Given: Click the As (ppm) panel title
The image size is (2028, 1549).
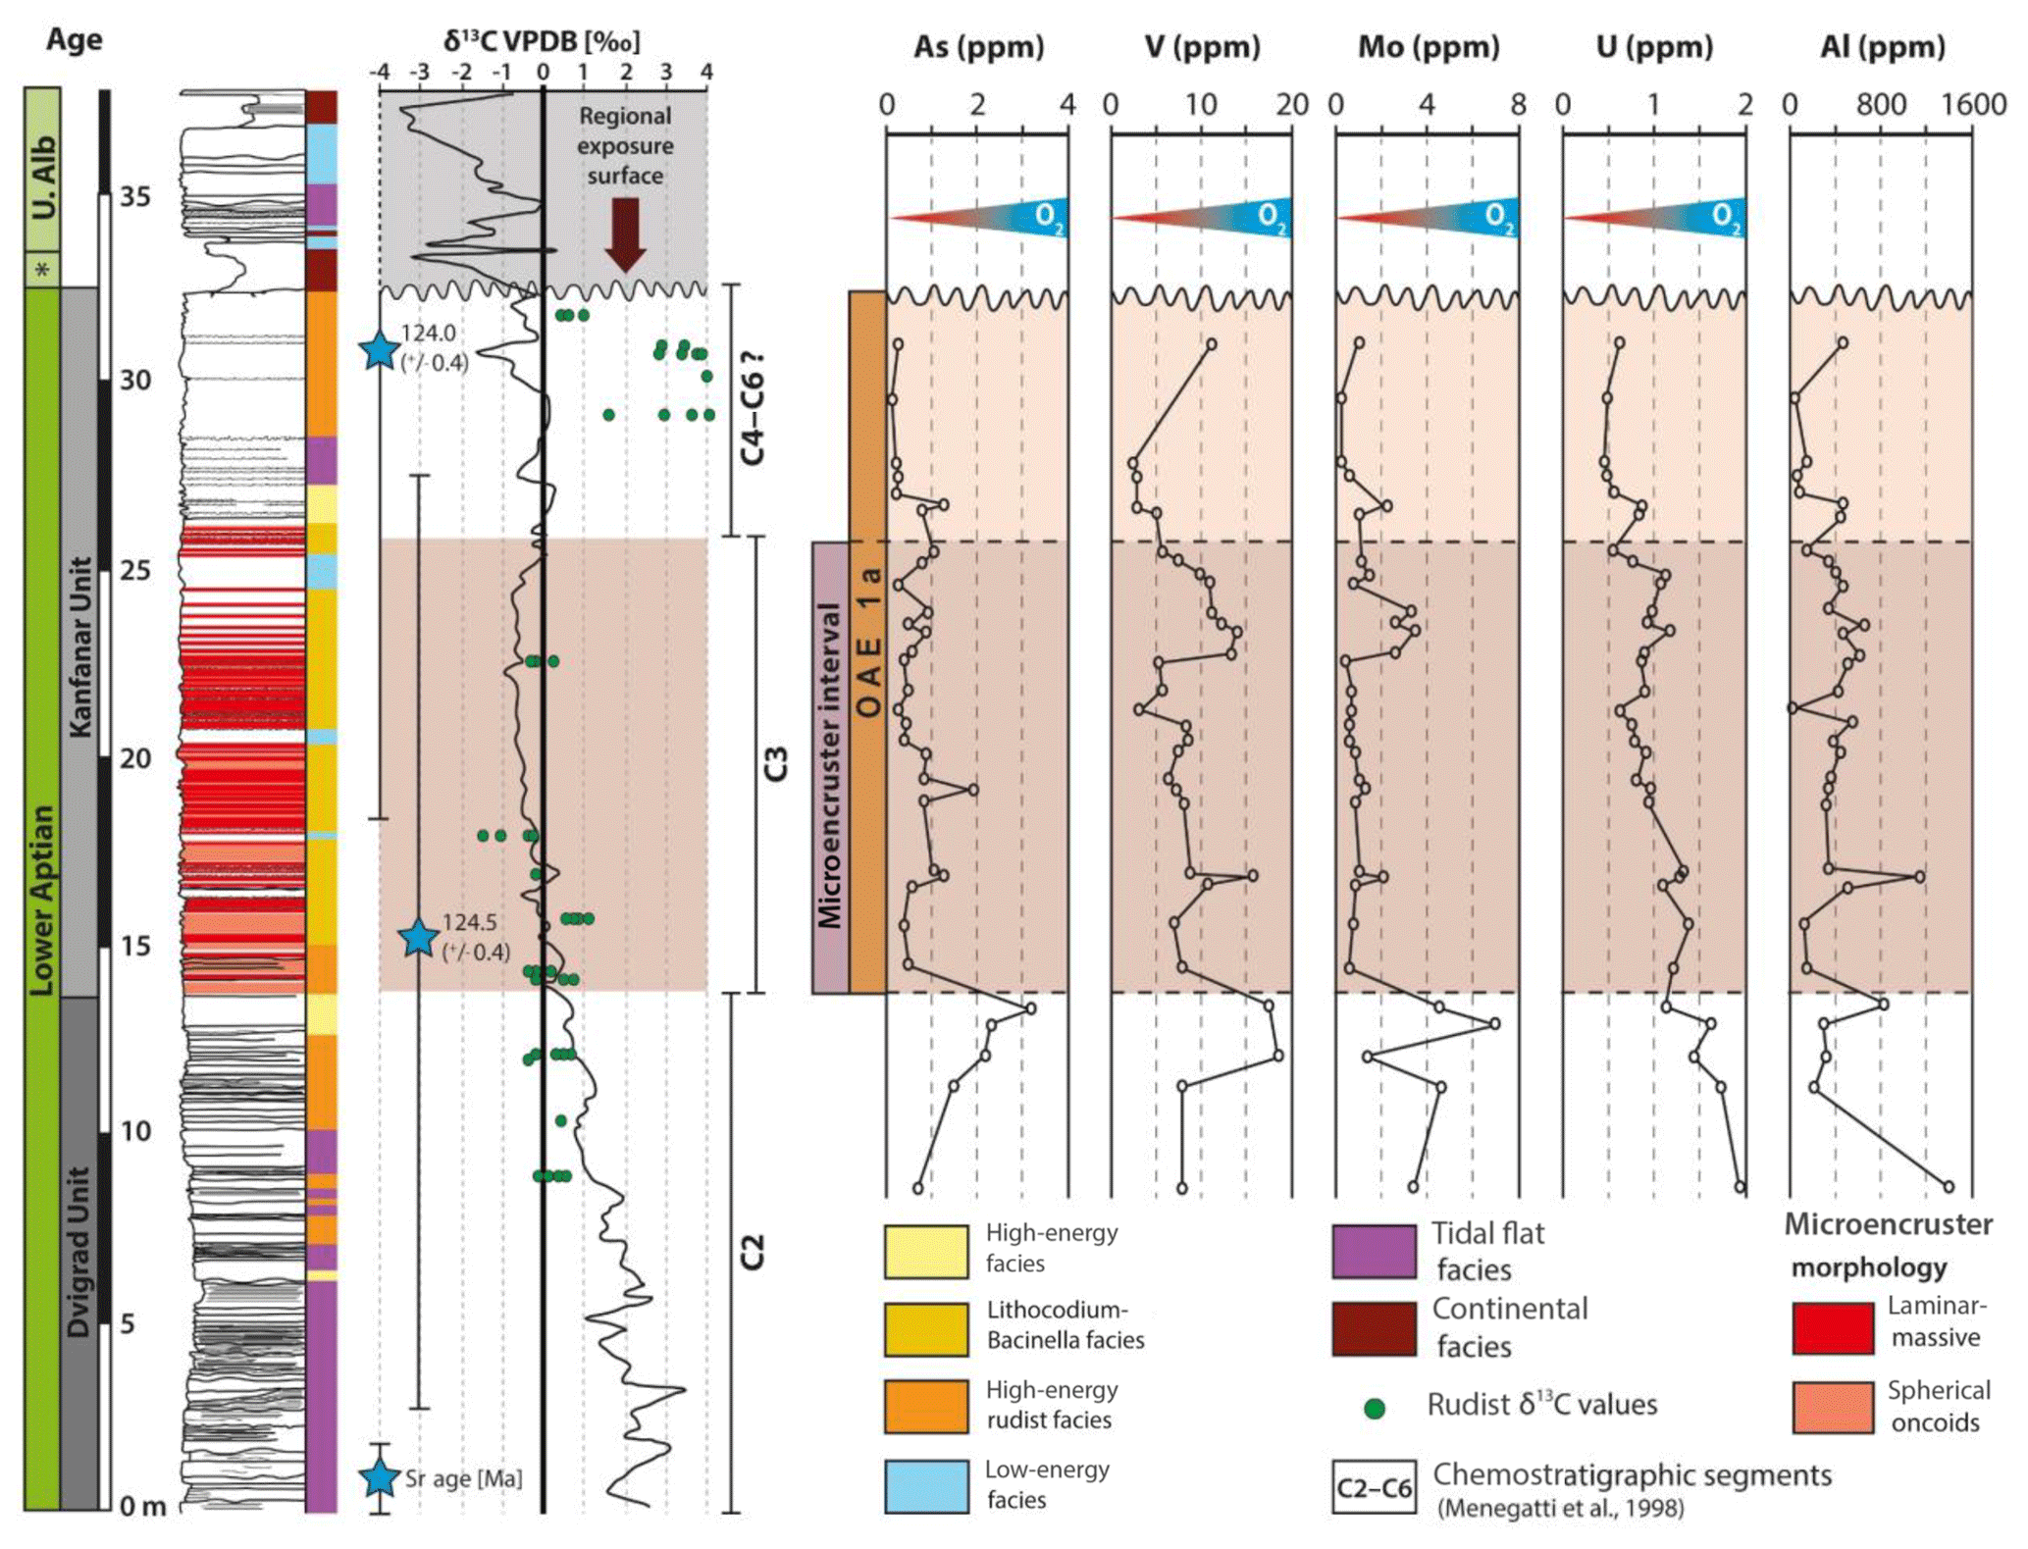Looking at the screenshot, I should click(x=978, y=47).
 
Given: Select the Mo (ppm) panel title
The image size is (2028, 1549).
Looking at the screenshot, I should click(x=1428, y=47).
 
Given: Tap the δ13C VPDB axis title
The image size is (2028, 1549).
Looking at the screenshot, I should click(x=542, y=41).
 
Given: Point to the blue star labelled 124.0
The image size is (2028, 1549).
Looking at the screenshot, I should click(x=379, y=349).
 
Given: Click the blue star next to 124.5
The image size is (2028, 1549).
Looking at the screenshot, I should click(x=419, y=938).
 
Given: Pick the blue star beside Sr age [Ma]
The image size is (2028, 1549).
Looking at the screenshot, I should click(x=379, y=1477).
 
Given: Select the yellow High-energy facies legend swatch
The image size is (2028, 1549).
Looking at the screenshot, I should click(x=925, y=1251).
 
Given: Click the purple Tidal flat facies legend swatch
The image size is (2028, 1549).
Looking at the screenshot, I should click(x=1374, y=1251).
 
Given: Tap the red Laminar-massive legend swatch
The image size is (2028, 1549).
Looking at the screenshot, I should click(x=1833, y=1327).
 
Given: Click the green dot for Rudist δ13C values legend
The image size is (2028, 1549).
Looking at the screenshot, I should click(x=1375, y=1409).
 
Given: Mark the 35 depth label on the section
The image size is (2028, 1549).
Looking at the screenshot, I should click(x=135, y=197).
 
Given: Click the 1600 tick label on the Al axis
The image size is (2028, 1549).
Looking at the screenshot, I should click(x=1973, y=104).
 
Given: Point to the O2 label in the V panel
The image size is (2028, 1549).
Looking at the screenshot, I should click(x=1271, y=217).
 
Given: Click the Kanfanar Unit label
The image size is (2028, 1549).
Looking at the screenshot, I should click(x=80, y=647).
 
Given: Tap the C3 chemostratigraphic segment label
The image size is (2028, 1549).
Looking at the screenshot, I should click(x=776, y=763).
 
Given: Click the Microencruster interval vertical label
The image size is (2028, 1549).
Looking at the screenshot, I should click(x=830, y=765).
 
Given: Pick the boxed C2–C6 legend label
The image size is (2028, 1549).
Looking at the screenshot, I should click(x=1374, y=1488).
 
